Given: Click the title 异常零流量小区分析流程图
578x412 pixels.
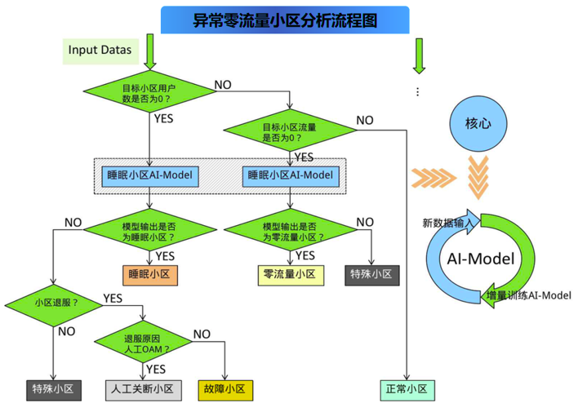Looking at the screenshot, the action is [x=285, y=20].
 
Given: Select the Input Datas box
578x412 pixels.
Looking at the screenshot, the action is [x=100, y=51].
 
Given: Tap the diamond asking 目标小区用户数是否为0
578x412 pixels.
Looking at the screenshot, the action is [x=149, y=91].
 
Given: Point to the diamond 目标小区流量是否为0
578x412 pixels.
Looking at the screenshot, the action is [x=290, y=130].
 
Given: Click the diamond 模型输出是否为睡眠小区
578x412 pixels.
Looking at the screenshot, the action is [x=150, y=230].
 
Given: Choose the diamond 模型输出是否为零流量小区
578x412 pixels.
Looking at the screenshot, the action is [x=291, y=230].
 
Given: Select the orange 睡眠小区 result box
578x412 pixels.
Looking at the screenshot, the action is [x=150, y=275].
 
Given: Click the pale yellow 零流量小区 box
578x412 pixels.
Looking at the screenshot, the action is [x=291, y=275].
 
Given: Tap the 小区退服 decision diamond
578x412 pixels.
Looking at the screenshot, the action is [x=54, y=305].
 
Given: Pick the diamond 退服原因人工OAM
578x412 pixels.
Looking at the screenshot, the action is [x=143, y=342].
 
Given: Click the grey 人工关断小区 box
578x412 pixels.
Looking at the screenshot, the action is [x=144, y=390].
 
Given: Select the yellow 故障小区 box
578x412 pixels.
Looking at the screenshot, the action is [x=225, y=390].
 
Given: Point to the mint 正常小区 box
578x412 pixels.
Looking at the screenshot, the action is [x=407, y=390].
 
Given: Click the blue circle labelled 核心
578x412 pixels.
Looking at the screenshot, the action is [x=478, y=123].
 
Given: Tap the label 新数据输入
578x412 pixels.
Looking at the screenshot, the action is [x=447, y=223].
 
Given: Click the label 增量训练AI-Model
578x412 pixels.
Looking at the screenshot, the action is [x=529, y=295].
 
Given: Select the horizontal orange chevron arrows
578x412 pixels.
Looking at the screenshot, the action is [x=433, y=178].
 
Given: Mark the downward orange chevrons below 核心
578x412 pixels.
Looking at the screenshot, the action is [x=478, y=177].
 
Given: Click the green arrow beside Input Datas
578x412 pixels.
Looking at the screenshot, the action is [x=150, y=51].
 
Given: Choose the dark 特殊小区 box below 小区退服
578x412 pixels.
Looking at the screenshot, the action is [x=54, y=390].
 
